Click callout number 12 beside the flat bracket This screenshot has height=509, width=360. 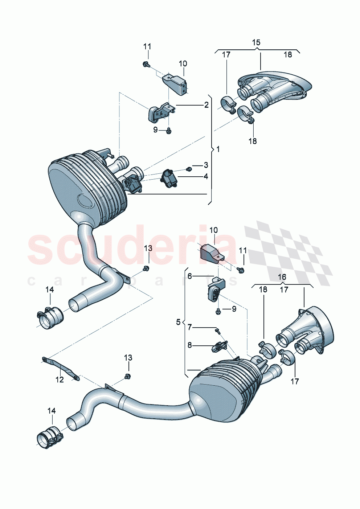[x=60, y=379]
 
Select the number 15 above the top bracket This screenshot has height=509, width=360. [x=256, y=42]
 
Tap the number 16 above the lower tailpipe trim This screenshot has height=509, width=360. [x=282, y=277]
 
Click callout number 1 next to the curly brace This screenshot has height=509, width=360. [x=218, y=149]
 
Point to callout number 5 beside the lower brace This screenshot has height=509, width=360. [x=178, y=322]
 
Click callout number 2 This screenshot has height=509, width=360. [x=206, y=105]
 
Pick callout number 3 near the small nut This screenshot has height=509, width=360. [x=206, y=165]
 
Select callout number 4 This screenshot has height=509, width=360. [x=206, y=177]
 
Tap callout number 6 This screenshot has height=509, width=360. [x=189, y=276]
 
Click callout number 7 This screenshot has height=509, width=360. [x=189, y=328]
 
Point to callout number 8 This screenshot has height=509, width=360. [x=189, y=345]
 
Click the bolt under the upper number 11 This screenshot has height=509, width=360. [x=145, y=65]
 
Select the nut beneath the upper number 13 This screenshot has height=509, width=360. [x=146, y=268]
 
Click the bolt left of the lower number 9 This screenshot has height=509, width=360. [x=218, y=312]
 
